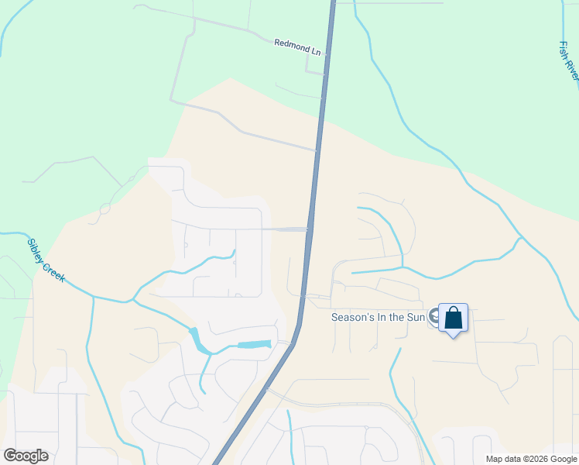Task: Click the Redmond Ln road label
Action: coord(297,47)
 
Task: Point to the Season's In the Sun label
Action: coord(379,316)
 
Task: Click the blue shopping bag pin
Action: coord(453,318)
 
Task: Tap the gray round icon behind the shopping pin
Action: coord(436,317)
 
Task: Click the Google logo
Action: coord(26,455)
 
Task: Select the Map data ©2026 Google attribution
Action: coord(532,459)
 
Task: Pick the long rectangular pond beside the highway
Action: coord(254,344)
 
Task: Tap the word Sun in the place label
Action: coord(416,316)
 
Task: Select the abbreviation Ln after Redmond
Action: coord(315,50)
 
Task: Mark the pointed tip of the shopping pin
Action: coord(454,337)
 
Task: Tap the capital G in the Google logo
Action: coord(10,455)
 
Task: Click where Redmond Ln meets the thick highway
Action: coord(327,56)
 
